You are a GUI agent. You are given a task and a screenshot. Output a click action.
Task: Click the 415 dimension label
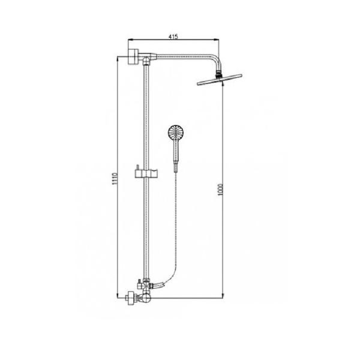pyautogui.click(x=173, y=37)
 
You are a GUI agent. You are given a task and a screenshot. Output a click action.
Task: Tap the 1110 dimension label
pyautogui.click(x=115, y=179)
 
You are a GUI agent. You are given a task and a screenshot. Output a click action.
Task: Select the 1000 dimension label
pyautogui.click(x=220, y=190)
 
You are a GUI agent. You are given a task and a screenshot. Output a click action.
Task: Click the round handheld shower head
pyautogui.click(x=176, y=133)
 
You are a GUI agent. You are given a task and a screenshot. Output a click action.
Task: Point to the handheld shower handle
pyautogui.click(x=176, y=156)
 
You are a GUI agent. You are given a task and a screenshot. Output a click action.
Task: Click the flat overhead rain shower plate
pyautogui.click(x=220, y=80)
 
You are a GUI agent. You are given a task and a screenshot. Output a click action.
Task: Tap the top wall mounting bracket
pyautogui.click(x=133, y=57)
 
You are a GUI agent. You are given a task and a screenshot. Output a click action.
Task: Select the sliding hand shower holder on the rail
pyautogui.click(x=146, y=173)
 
